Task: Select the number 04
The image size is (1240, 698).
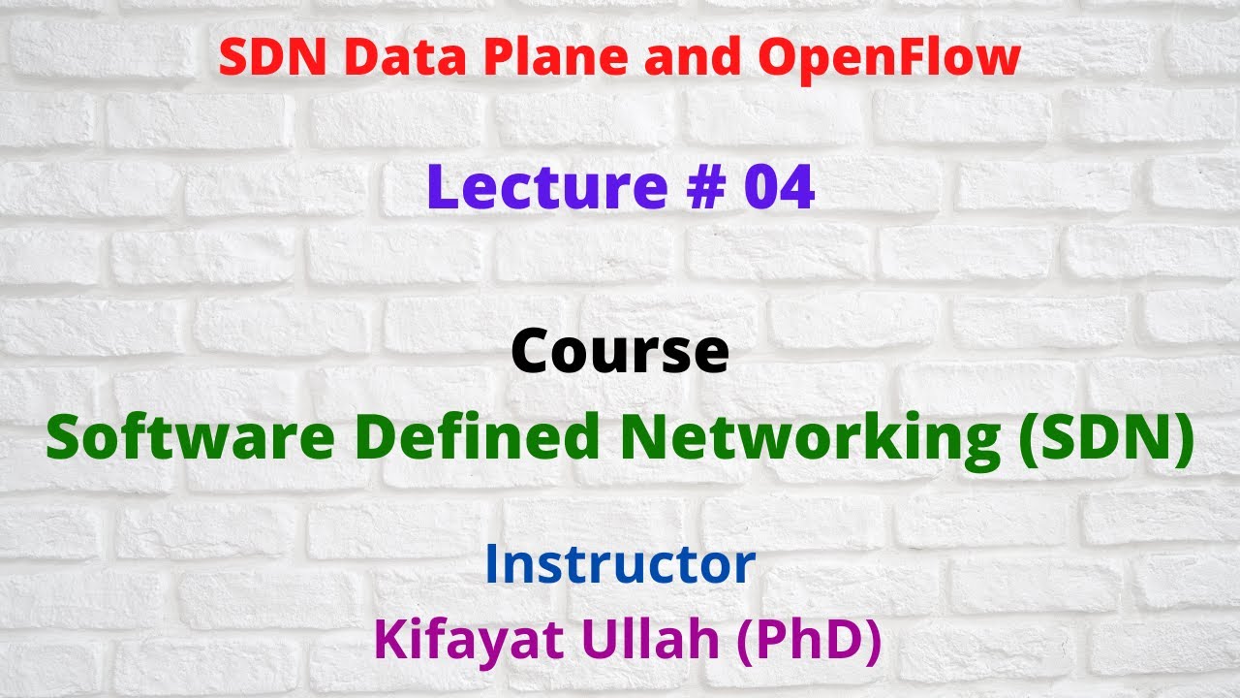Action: tap(779, 188)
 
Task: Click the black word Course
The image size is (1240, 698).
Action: tap(620, 351)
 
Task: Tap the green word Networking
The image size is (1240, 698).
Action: tap(810, 438)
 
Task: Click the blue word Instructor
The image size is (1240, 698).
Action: tap(620, 564)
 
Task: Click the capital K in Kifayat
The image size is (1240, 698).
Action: tap(389, 641)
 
